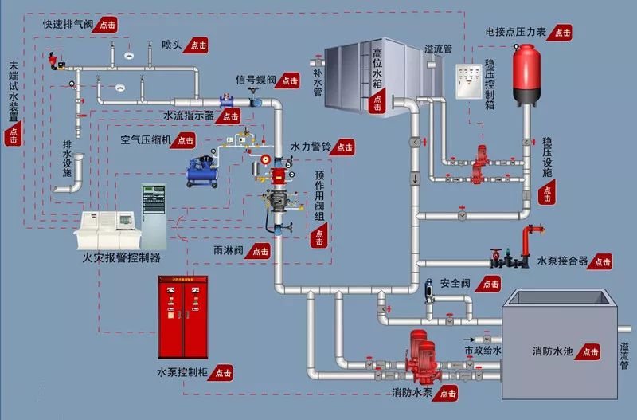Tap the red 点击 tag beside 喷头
pyautogui.click(x=197, y=45)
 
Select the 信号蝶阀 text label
pyautogui.click(x=256, y=80)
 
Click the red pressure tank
pyautogui.click(x=525, y=75)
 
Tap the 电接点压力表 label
pyautogui.click(x=516, y=33)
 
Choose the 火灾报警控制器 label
pyautogui.click(x=121, y=258)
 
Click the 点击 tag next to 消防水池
pyautogui.click(x=590, y=351)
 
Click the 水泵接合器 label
pyautogui.click(x=562, y=261)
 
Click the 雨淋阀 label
pyautogui.click(x=229, y=251)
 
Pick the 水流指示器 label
pyautogui.click(x=189, y=116)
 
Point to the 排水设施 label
pyautogui.click(x=67, y=159)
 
